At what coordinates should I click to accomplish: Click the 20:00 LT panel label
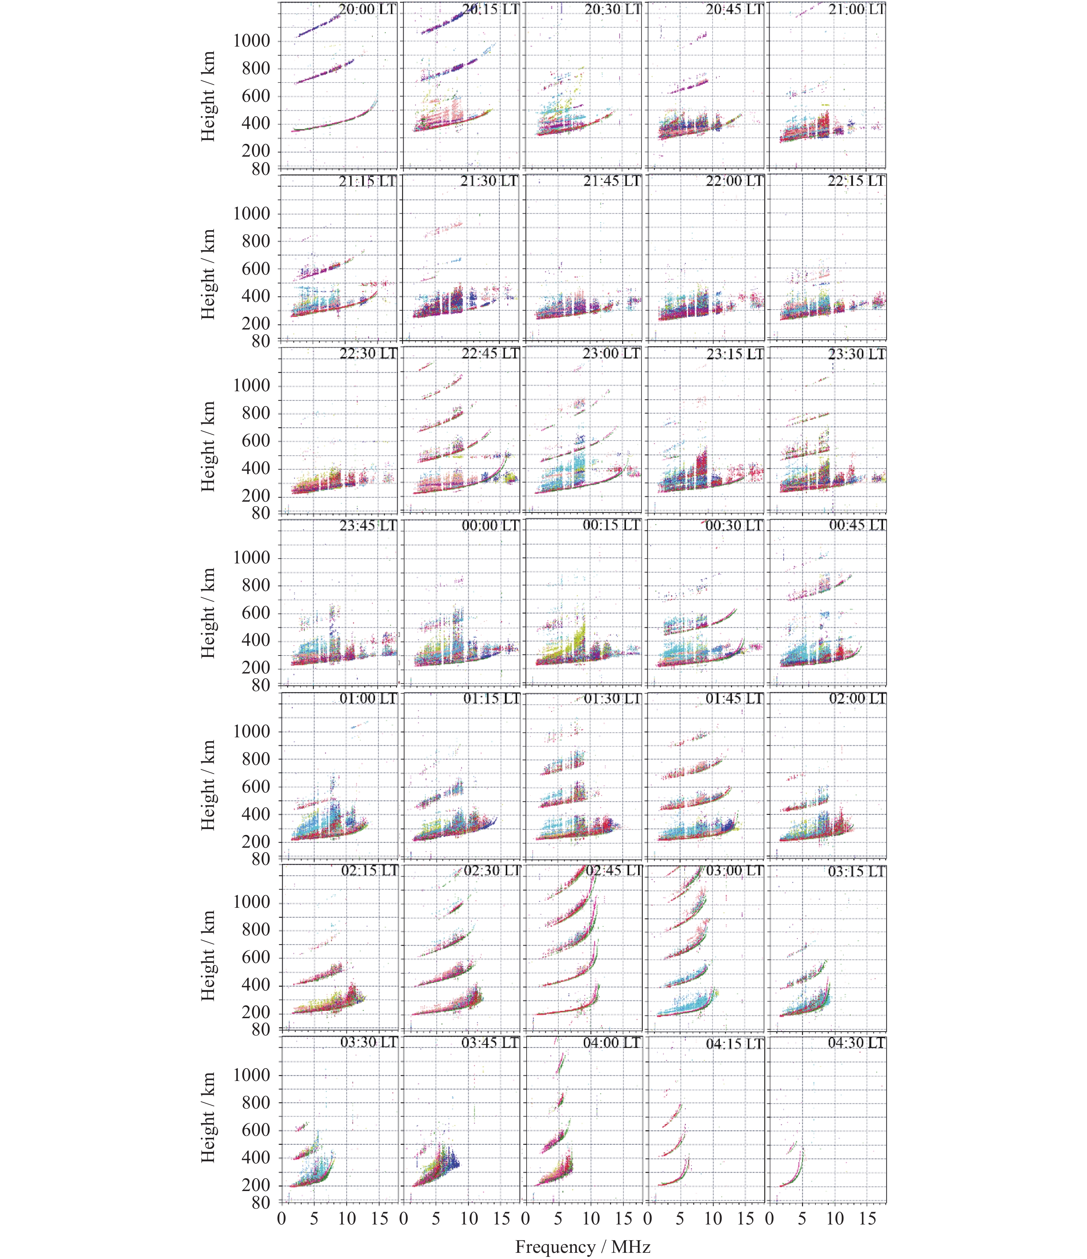click(x=367, y=10)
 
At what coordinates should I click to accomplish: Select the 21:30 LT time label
click(x=489, y=181)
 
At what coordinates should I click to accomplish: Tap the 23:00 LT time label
click(x=611, y=353)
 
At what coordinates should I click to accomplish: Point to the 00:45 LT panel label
click(x=857, y=525)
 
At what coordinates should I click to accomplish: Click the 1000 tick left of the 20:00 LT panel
click(x=252, y=41)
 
